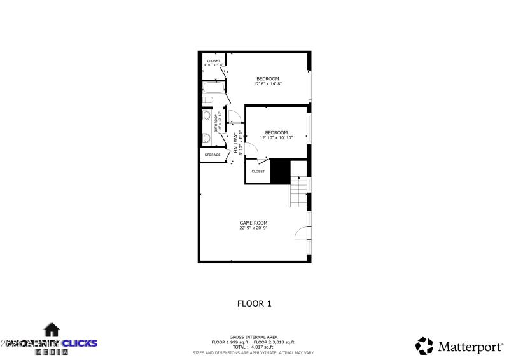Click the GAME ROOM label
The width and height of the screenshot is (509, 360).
[x=253, y=223]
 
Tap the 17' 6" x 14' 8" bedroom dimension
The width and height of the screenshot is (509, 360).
[x=267, y=83]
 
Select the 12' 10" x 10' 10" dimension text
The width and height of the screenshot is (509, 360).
[x=276, y=137]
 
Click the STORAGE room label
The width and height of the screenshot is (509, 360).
[x=213, y=155]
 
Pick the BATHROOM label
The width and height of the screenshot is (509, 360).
[x=216, y=123]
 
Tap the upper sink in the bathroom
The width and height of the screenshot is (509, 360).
[x=207, y=116]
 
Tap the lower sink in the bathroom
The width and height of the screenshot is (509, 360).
[x=207, y=138]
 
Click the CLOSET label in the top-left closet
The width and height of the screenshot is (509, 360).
[x=213, y=61]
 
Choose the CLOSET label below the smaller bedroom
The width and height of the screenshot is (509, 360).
[x=258, y=171]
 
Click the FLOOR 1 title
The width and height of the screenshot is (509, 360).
[x=254, y=303]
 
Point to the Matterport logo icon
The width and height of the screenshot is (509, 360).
[x=424, y=345]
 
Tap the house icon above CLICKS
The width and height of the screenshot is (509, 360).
[x=52, y=329]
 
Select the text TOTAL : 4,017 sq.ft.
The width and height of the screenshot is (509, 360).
[x=253, y=347]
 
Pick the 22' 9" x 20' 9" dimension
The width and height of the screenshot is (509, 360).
[x=253, y=228]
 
